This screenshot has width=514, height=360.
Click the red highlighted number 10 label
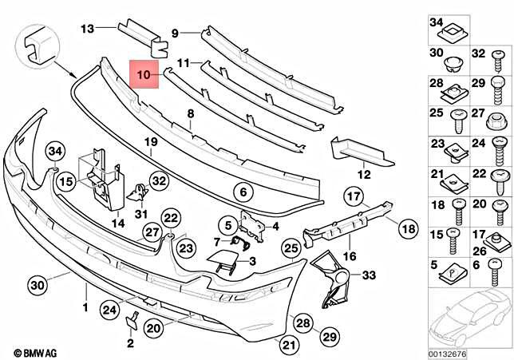144,77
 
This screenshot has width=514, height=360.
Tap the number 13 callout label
86,29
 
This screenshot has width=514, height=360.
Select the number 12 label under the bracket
364,174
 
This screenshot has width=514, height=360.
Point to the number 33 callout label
369,276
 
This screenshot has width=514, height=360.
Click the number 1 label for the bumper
85,306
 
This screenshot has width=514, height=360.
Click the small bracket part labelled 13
142,36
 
